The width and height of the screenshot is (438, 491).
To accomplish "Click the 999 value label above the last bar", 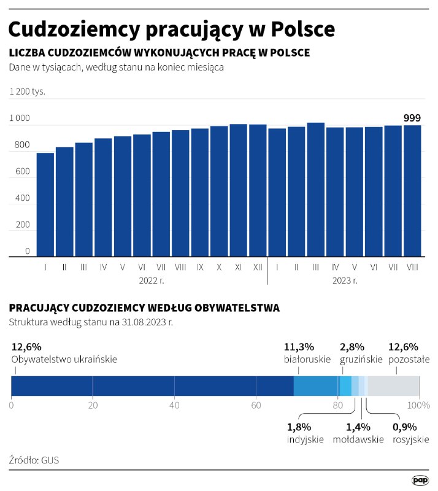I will point(412,118).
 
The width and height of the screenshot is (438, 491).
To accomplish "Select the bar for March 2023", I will point(315,190).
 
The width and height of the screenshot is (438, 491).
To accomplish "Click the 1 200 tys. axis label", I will point(27,91).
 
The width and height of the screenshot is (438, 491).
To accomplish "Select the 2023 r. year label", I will point(345,280).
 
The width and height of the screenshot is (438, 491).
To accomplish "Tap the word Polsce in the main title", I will point(303,29).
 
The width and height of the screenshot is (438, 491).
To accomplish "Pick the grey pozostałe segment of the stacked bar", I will point(393,385).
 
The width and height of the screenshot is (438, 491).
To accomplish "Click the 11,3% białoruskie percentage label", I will point(299,347).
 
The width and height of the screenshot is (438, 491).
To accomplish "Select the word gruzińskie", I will point(361,359).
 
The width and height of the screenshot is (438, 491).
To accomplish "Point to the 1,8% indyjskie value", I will point(299,427).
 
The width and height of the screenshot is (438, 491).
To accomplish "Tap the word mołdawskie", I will point(358,439).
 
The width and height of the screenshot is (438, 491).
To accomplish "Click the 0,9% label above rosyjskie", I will point(405,427).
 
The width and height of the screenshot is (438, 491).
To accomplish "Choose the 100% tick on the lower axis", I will point(420,405).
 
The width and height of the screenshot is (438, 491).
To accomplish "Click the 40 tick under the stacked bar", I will point(174,405).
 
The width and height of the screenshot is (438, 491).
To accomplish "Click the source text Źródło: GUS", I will point(34,460).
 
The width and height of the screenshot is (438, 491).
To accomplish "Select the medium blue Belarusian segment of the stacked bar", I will point(315,385).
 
